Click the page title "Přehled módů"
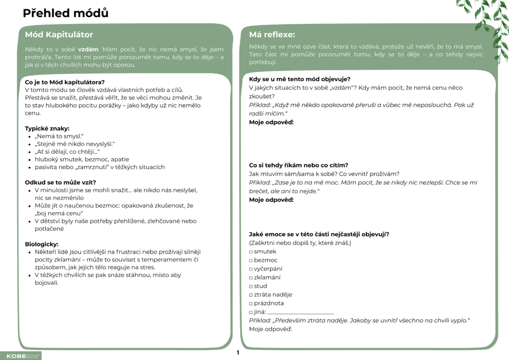(66, 13)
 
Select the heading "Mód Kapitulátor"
(59, 35)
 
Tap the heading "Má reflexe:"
(271, 35)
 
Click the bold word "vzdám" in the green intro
(88, 50)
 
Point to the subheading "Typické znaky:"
(47, 128)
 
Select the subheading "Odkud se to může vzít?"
(61, 182)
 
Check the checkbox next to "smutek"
(251, 252)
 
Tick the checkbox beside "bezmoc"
(251, 260)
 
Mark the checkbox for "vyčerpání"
(251, 269)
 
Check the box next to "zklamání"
(251, 277)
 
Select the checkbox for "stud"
(251, 286)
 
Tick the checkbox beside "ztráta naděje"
(251, 295)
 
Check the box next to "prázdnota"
(251, 303)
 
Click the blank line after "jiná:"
(300, 312)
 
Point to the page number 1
(238, 353)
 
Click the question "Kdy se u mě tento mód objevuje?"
(300, 79)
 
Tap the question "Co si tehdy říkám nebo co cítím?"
(298, 165)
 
